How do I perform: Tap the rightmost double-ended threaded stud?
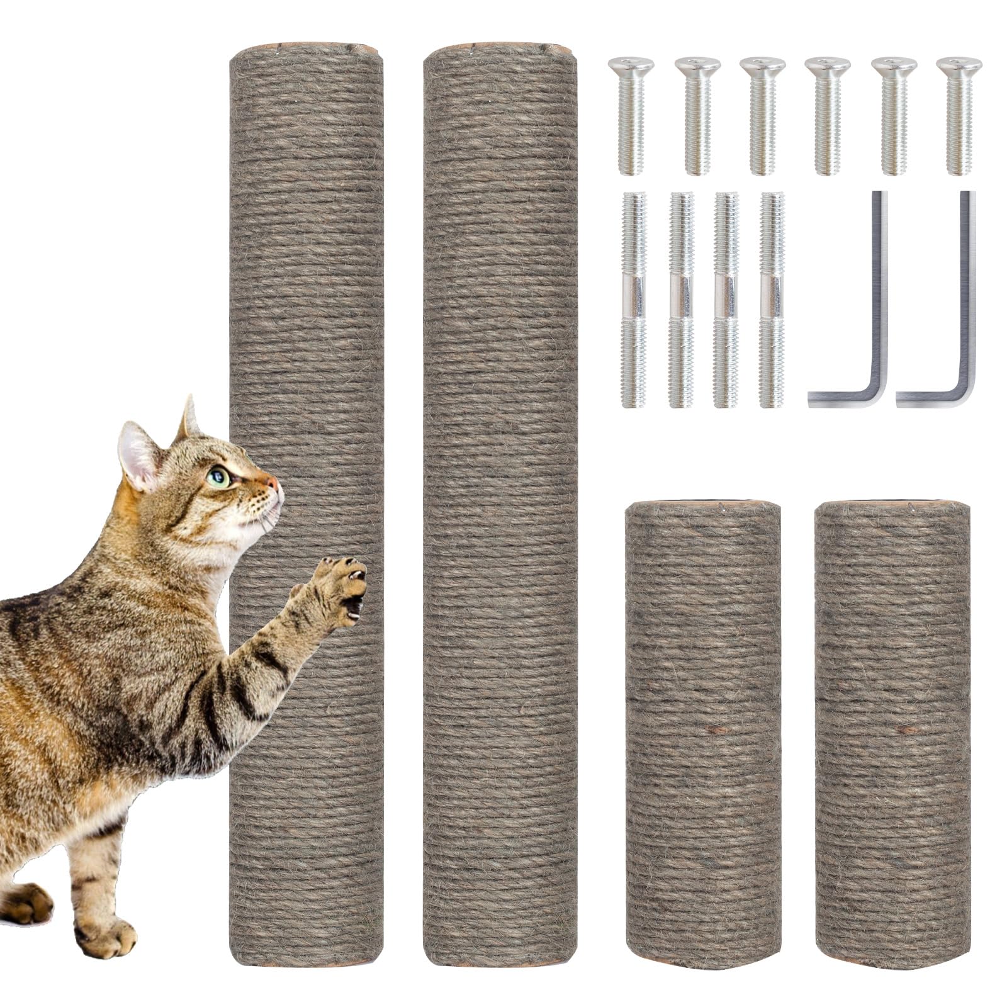pyautogui.click(x=772, y=299)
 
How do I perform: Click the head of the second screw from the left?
pyautogui.click(x=697, y=64)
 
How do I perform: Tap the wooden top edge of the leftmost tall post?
pyautogui.click(x=307, y=48)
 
